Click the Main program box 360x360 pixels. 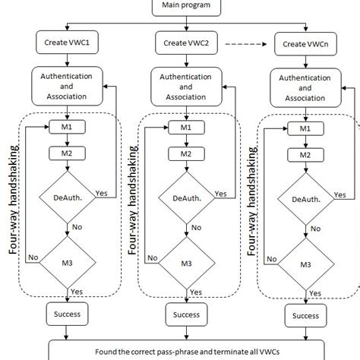click(x=180, y=7)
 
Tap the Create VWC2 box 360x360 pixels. click(x=186, y=43)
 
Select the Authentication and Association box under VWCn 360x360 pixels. click(x=305, y=84)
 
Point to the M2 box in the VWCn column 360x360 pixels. click(x=305, y=155)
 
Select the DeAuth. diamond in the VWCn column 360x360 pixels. click(x=305, y=198)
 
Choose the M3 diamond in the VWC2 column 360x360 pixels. click(x=187, y=262)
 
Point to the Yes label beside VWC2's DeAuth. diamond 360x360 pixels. click(x=221, y=194)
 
